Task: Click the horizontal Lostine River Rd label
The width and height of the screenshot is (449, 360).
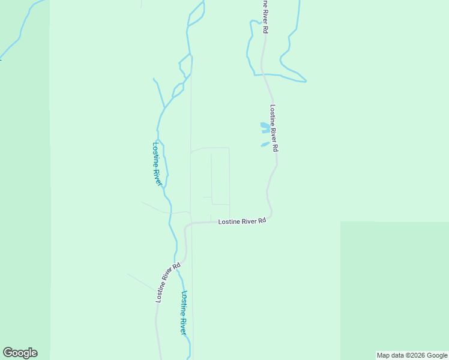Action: click(242, 221)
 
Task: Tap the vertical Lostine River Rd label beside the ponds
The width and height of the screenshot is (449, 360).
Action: click(274, 128)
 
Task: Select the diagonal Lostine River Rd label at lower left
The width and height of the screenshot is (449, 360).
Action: click(168, 283)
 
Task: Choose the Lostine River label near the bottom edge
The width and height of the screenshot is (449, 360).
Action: click(184, 313)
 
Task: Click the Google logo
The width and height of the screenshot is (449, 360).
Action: click(20, 353)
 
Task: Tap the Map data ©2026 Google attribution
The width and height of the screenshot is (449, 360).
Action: click(412, 355)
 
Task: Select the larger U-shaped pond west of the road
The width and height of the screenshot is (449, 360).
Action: click(264, 127)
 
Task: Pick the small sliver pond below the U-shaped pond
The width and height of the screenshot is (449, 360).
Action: click(264, 144)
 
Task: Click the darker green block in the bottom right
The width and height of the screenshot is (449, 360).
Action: click(394, 288)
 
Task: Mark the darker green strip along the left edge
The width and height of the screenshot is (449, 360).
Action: click(24, 180)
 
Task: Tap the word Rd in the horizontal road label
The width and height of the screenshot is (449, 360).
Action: click(262, 221)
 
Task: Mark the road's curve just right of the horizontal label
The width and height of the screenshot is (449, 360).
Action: click(271, 213)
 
